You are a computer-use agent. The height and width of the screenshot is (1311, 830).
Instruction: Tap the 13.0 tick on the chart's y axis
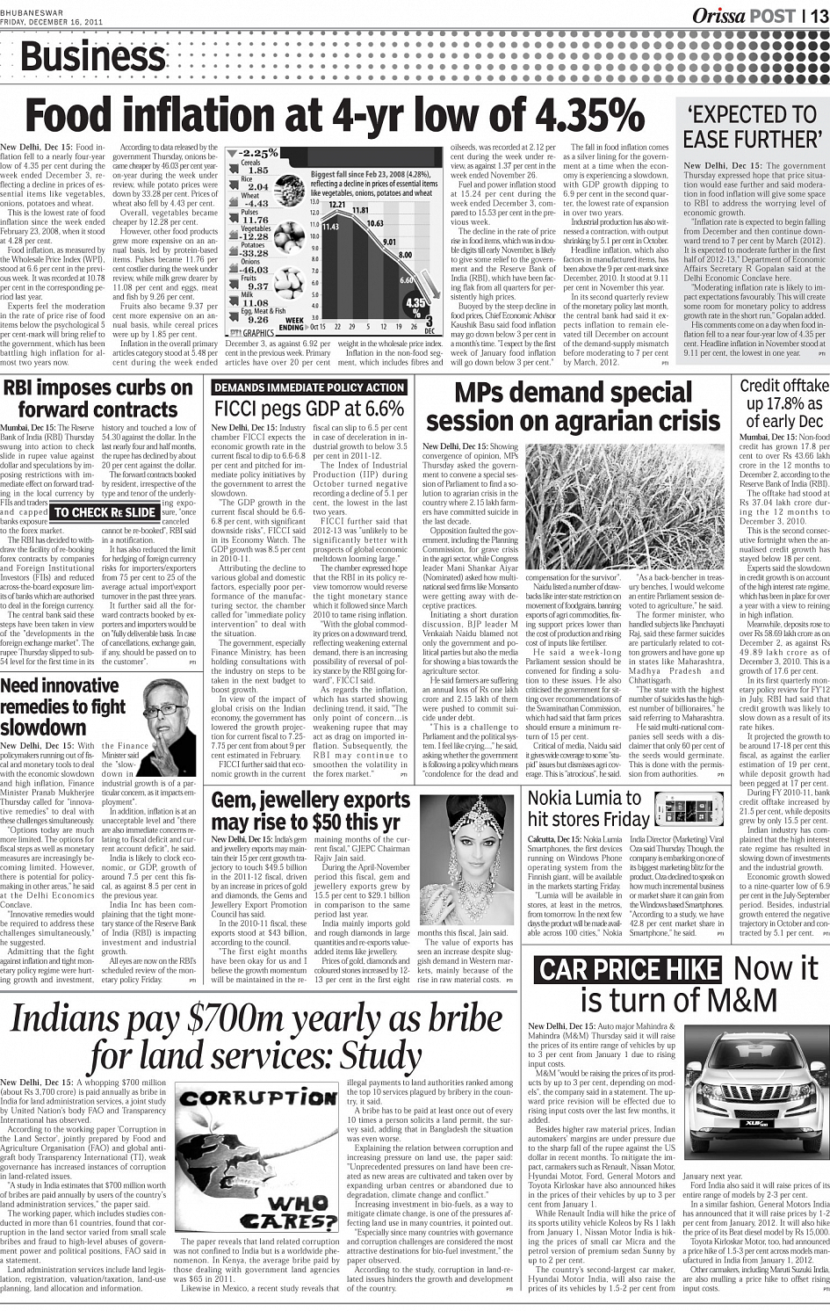(314, 202)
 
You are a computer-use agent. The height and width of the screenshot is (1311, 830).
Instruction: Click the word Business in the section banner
(92, 58)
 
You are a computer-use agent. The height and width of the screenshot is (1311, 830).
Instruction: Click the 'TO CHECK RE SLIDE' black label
(105, 512)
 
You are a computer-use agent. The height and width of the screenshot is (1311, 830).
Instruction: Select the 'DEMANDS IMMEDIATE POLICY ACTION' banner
(309, 388)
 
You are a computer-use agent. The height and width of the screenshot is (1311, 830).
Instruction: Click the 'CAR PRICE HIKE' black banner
(627, 971)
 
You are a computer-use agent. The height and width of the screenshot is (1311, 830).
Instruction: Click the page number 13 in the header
(819, 15)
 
